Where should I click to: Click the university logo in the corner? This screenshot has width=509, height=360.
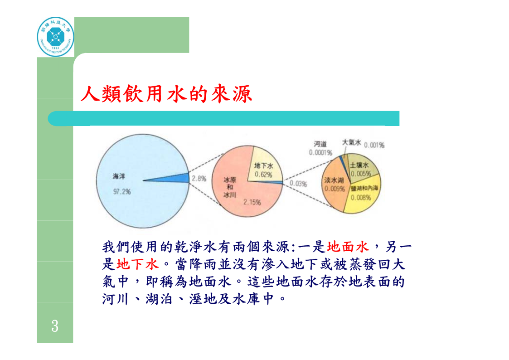[55, 37]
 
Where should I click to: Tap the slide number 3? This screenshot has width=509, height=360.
[55, 326]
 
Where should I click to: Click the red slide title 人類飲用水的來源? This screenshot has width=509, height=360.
[166, 94]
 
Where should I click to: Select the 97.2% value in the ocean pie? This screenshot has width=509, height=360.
[122, 192]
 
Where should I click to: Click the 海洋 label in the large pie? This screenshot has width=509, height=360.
[119, 176]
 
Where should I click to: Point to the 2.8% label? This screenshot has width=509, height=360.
[199, 179]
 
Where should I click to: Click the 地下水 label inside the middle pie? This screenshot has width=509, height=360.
[263, 166]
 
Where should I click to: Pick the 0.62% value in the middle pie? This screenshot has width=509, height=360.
[263, 175]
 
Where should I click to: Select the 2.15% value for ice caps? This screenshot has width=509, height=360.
[252, 202]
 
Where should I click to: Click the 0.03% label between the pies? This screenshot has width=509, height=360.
[298, 184]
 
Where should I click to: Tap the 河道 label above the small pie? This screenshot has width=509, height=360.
[320, 144]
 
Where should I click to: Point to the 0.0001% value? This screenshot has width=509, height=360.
[320, 153]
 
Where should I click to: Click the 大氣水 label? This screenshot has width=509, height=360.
[352, 142]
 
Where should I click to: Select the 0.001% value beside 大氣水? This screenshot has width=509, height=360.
[374, 145]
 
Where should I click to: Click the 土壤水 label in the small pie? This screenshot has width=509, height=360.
[359, 165]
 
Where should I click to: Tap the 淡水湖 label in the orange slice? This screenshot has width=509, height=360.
[334, 180]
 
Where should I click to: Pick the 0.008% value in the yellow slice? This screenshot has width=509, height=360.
[361, 198]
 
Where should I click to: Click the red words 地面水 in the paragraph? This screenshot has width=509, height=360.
[348, 247]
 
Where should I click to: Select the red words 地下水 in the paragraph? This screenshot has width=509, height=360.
[138, 264]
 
